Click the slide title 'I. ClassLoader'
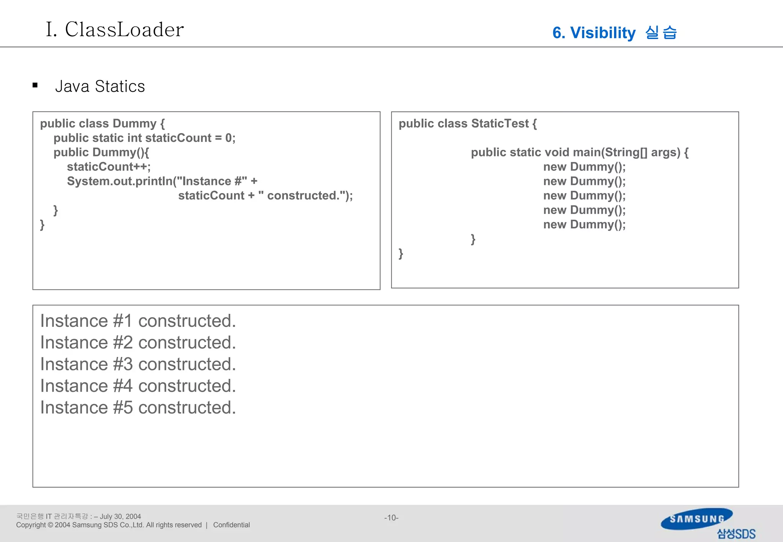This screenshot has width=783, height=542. pyautogui.click(x=115, y=29)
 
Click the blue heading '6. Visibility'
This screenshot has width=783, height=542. pyautogui.click(x=594, y=33)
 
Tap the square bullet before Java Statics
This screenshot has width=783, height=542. pyautogui.click(x=35, y=86)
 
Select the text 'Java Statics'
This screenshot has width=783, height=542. pyautogui.click(x=100, y=86)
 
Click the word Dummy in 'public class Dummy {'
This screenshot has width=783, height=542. pyautogui.click(x=134, y=123)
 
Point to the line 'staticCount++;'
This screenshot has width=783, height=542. pyautogui.click(x=109, y=167)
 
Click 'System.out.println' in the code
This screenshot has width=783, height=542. pyautogui.click(x=120, y=181)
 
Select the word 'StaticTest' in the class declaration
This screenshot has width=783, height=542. pyautogui.click(x=500, y=123)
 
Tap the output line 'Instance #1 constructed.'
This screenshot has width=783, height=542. pyautogui.click(x=138, y=321)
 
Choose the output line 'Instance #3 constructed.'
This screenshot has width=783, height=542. pyautogui.click(x=138, y=364)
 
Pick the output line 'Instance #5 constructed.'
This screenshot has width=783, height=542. pyautogui.click(x=138, y=407)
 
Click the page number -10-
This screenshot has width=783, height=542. pyautogui.click(x=391, y=518)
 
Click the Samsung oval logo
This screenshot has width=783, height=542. pyautogui.click(x=697, y=519)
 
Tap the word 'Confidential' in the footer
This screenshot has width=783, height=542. pyautogui.click(x=231, y=525)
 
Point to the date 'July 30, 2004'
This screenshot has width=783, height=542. pyautogui.click(x=120, y=516)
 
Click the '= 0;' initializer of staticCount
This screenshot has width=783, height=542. pyautogui.click(x=225, y=138)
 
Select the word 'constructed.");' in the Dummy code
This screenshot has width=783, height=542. pyautogui.click(x=310, y=196)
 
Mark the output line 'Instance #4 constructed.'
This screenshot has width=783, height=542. pyautogui.click(x=138, y=386)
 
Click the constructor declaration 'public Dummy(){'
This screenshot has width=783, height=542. pyautogui.click(x=101, y=152)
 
